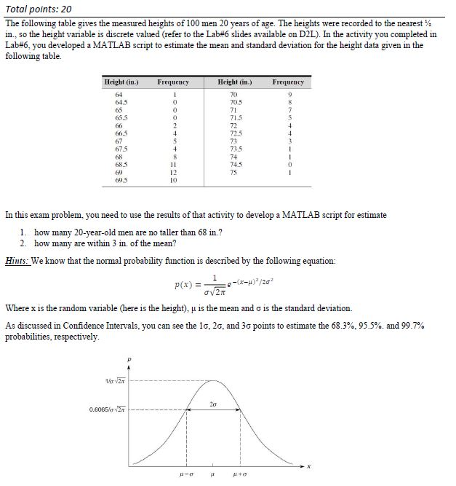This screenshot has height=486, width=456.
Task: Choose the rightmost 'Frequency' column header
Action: click(288, 82)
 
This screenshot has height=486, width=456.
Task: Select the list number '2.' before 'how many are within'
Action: click(23, 243)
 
